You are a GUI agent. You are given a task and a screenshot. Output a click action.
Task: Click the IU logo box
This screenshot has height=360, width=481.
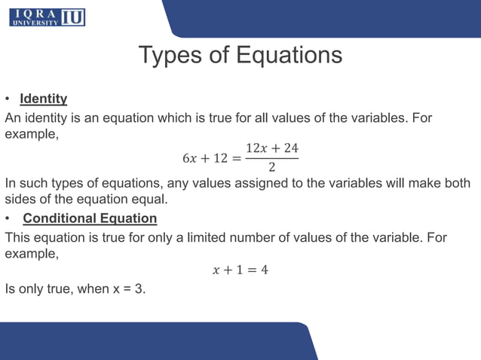[x=73, y=17]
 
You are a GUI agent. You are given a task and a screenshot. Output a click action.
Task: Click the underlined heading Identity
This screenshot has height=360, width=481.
[x=43, y=99]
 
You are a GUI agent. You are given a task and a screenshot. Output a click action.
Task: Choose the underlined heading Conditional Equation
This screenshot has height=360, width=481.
[x=90, y=218]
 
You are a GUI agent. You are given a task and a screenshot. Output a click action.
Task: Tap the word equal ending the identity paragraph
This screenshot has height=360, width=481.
[x=149, y=200]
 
